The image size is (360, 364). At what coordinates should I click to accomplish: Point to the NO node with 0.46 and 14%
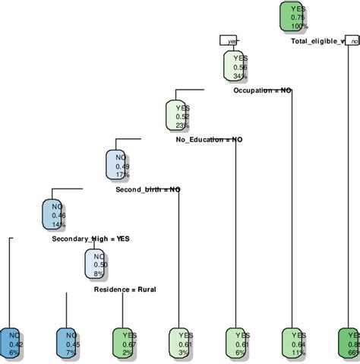56,215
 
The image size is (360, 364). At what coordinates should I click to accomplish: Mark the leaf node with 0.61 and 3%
180,343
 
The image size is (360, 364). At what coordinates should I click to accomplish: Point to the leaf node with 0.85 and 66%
349,343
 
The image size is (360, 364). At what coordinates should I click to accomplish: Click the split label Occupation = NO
262,90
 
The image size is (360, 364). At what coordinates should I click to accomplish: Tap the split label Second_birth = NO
147,189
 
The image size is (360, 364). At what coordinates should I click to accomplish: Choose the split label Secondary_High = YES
90,239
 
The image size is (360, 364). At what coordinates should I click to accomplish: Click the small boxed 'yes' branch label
229,41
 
